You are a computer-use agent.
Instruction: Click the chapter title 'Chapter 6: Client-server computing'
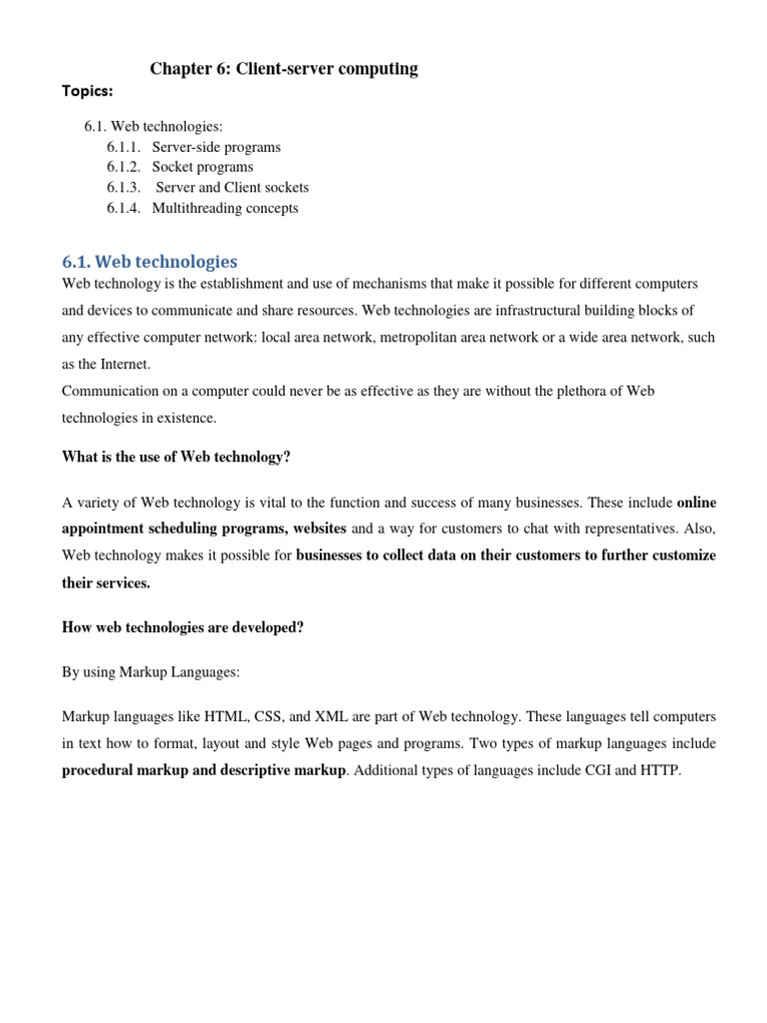point(284,69)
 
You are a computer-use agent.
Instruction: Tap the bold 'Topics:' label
point(87,91)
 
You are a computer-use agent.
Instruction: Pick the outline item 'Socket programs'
point(203,167)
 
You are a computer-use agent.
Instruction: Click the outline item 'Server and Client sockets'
point(233,187)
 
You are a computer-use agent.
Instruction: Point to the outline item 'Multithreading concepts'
point(225,208)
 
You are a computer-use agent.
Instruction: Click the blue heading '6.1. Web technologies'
point(150,262)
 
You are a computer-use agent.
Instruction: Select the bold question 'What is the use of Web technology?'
point(176,458)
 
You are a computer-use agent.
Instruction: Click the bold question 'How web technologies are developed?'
point(183,627)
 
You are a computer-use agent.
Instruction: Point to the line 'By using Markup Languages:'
point(151,672)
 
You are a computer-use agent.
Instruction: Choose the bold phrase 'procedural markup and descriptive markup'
point(204,770)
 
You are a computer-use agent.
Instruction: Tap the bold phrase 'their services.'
point(106,582)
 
